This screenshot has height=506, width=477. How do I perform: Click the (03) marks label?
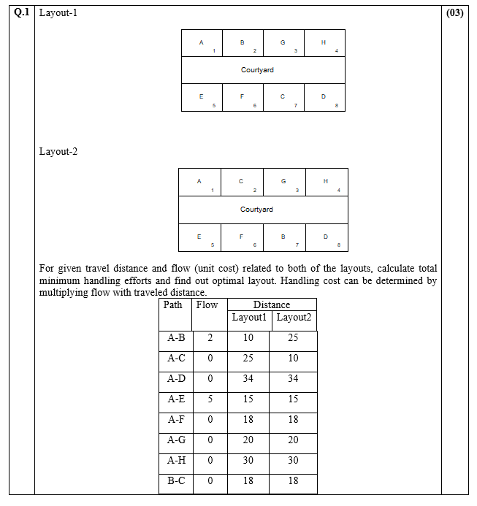454,13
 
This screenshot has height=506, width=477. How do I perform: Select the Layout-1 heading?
58,13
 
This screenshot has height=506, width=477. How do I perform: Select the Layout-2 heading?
58,152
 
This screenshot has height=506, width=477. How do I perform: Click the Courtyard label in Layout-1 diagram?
257,70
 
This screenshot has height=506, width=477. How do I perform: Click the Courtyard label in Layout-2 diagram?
257,210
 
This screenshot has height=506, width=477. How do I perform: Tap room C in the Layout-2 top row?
242,182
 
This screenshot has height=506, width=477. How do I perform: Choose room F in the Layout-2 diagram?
242,237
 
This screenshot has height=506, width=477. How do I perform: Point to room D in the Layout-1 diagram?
324,98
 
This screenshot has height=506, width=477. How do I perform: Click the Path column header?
173,305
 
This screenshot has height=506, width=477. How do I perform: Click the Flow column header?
207,305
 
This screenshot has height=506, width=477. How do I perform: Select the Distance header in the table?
271,305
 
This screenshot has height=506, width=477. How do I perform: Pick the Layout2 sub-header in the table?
294,318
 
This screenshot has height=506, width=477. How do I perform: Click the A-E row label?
176,399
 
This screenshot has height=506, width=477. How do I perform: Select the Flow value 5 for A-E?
210,399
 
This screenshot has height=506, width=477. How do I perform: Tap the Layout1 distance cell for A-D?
248,379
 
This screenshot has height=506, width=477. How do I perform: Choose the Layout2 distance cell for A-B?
293,338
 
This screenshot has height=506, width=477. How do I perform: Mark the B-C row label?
176,481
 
